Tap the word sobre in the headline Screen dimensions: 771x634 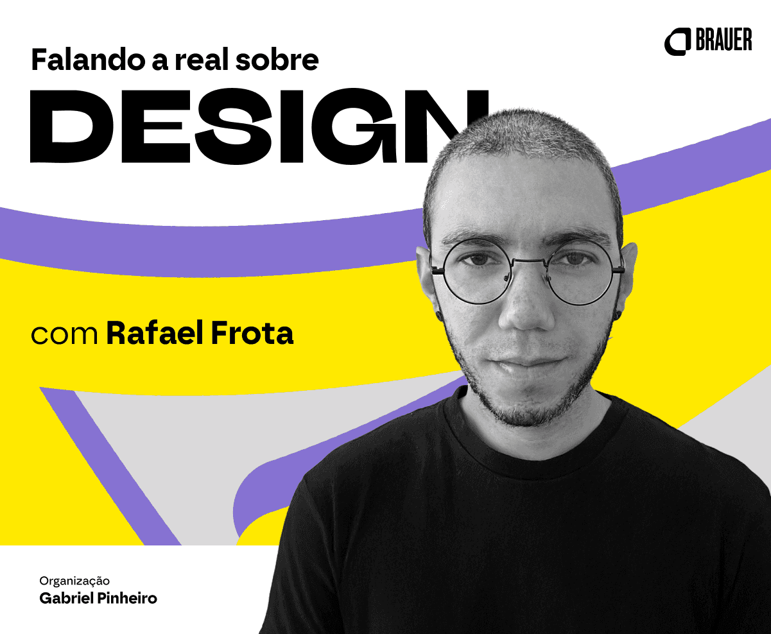pos(277,59)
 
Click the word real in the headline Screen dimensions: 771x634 pos(204,59)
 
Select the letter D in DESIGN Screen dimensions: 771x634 pos(72,126)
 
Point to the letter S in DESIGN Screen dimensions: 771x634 pos(233,126)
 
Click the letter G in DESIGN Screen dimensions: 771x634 pos(354,126)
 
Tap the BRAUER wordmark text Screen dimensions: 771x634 pos(724,40)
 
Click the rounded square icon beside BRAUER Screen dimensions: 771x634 pos(677,42)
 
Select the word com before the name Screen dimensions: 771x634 pos(64,334)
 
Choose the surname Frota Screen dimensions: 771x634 pos(252,332)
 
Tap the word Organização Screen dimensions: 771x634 pos(74,581)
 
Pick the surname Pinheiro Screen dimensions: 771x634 pos(125,599)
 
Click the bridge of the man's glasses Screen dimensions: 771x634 pos(530,261)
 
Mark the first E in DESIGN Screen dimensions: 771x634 pos(155,126)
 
